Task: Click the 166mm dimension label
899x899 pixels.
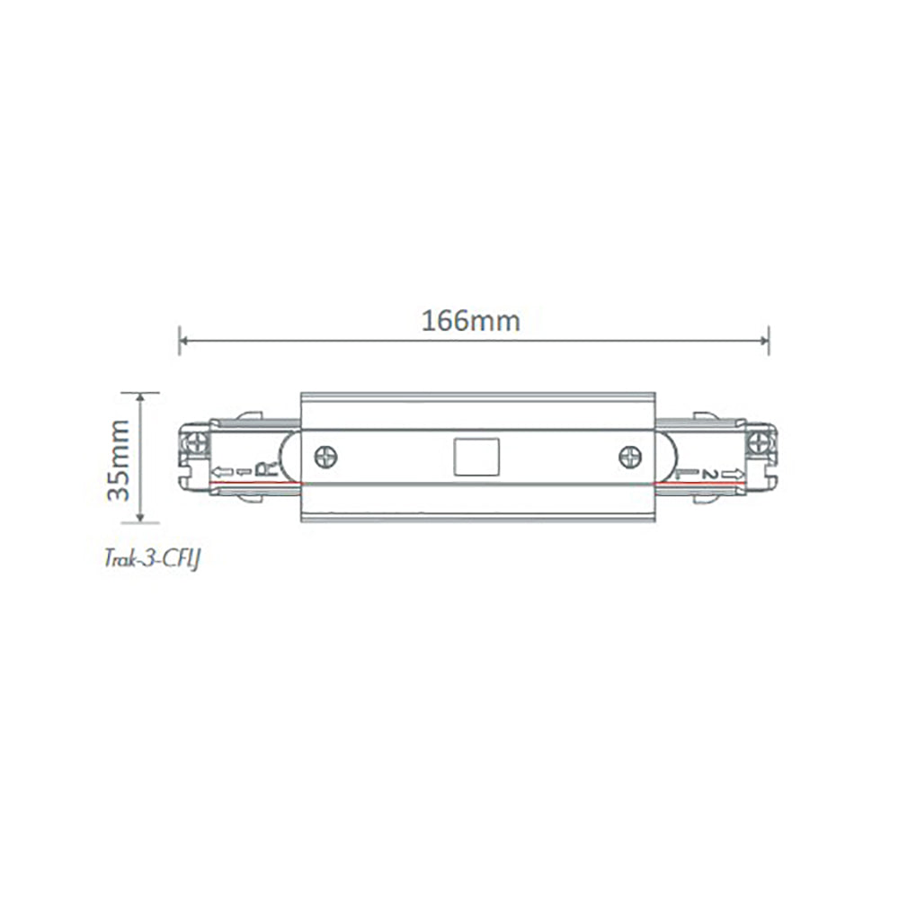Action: click(471, 321)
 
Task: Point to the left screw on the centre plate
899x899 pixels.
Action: click(325, 458)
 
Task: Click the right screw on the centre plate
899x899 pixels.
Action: click(630, 458)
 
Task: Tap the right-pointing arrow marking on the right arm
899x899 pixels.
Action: click(731, 473)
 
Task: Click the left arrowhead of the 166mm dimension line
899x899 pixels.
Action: click(184, 340)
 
